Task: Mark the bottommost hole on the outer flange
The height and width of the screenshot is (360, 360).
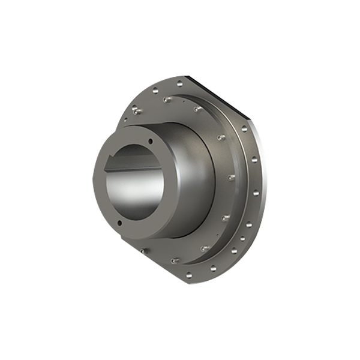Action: click(x=188, y=275)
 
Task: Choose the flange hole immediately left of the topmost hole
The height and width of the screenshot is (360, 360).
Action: click(x=155, y=91)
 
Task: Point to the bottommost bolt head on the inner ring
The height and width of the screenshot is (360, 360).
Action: click(x=174, y=260)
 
